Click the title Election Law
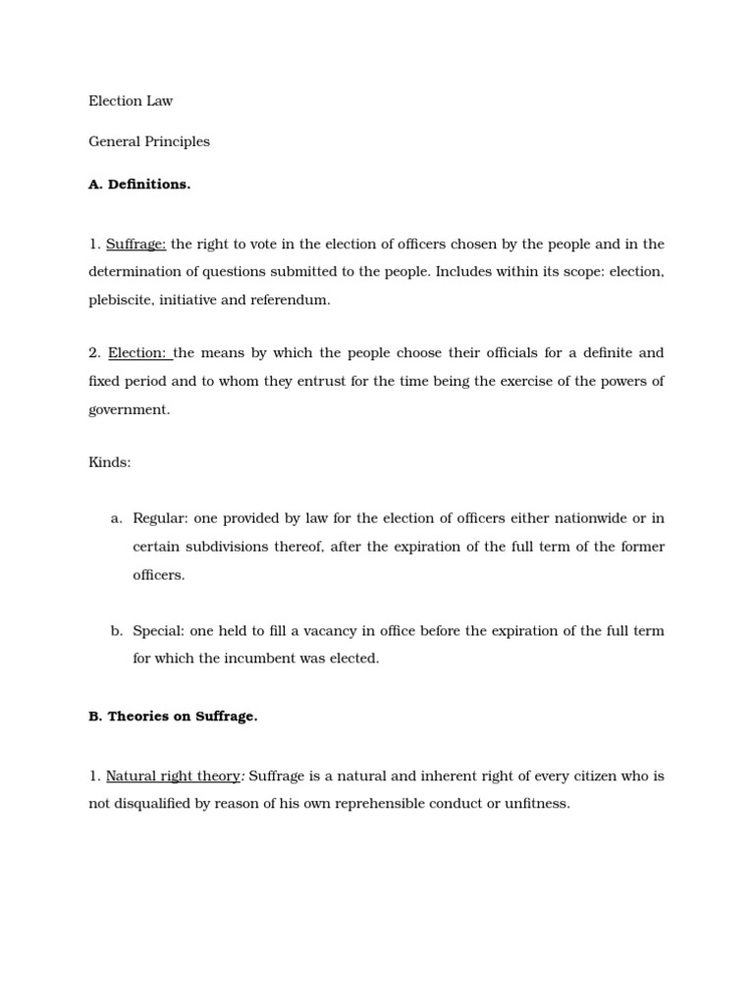[x=131, y=100]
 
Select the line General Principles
[x=149, y=141]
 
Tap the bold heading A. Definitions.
[x=139, y=185]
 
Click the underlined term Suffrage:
[x=135, y=244]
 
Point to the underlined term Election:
[x=137, y=353]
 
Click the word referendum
[x=290, y=300]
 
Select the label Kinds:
[x=109, y=462]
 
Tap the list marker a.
[x=116, y=518]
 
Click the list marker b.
[x=116, y=631]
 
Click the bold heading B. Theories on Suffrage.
[x=173, y=716]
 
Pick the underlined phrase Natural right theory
[x=173, y=776]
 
